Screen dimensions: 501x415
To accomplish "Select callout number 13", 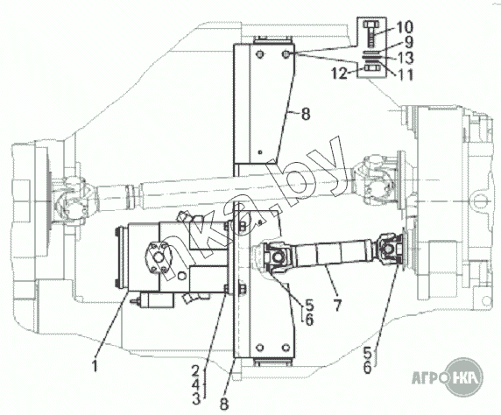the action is pyautogui.click(x=404, y=58).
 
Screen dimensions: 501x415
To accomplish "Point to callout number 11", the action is pyautogui.click(x=404, y=74).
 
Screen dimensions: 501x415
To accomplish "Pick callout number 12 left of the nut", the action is pyautogui.click(x=339, y=74).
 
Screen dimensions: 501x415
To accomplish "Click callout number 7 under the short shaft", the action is pyautogui.click(x=337, y=305).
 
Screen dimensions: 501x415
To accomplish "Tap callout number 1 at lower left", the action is pyautogui.click(x=95, y=365).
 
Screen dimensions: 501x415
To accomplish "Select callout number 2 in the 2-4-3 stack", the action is pyautogui.click(x=195, y=370).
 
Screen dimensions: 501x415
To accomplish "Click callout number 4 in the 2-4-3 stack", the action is pyautogui.click(x=195, y=384).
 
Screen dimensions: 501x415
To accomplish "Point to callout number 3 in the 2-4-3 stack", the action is pyautogui.click(x=195, y=398).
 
